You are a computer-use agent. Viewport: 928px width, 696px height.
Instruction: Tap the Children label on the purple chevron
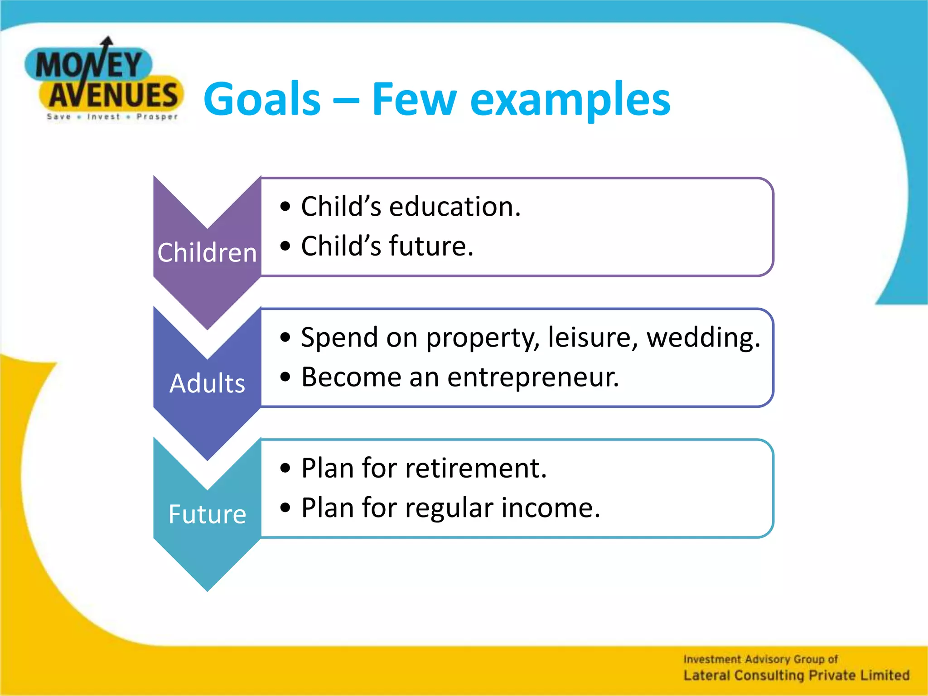coord(207,252)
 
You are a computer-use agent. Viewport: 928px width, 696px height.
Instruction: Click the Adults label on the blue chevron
coord(207,383)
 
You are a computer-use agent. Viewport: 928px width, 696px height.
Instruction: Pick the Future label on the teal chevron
coord(207,514)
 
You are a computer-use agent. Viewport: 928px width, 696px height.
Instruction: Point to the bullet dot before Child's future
coord(285,246)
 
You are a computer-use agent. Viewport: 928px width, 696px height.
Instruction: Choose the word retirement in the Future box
coord(476,468)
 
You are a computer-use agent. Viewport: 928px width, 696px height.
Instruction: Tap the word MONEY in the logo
coord(89,65)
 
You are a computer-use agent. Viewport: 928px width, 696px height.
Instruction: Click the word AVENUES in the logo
coord(113,95)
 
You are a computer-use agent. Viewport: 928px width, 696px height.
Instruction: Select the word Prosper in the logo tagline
coord(157,117)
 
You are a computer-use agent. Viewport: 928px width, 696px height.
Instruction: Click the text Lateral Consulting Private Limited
coord(796,675)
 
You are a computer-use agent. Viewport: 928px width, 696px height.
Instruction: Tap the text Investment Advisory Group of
coord(760,659)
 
